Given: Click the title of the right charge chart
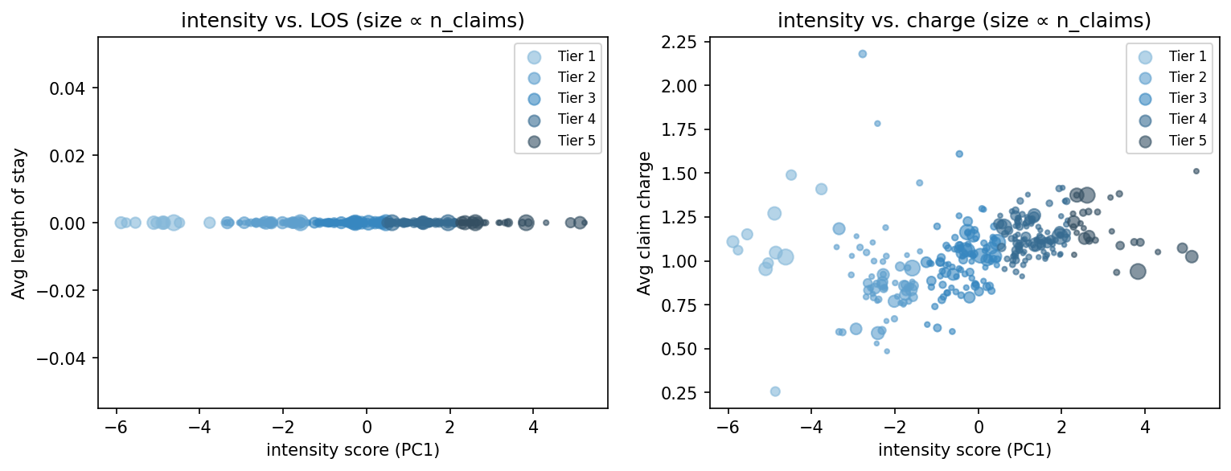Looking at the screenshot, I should [964, 21].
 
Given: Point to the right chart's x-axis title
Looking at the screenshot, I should [964, 451].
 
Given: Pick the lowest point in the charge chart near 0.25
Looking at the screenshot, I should [775, 391].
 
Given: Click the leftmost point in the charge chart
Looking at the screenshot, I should [732, 241].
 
